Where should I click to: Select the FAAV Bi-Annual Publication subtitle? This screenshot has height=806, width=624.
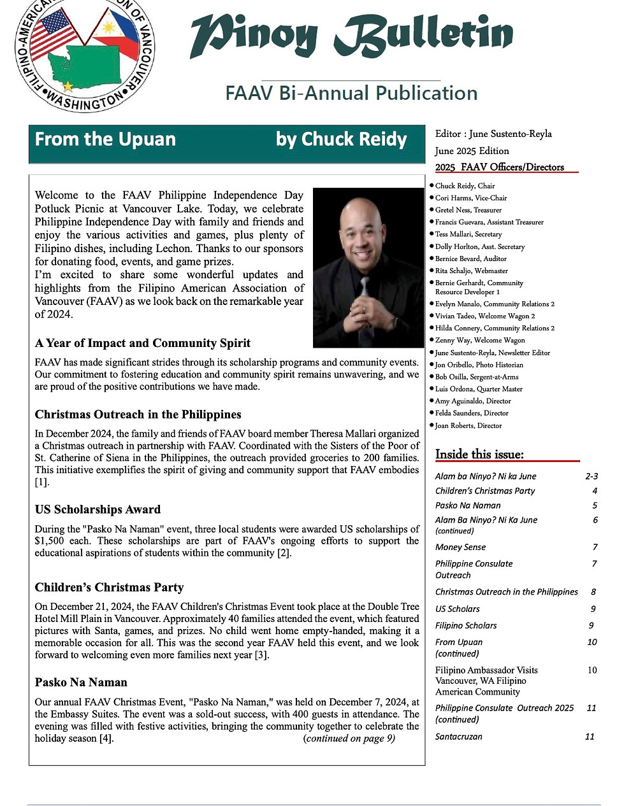(351, 94)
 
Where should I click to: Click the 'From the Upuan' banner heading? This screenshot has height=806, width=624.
(105, 139)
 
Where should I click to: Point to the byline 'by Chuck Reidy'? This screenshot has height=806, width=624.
(341, 139)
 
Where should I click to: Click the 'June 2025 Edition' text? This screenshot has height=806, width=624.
(472, 151)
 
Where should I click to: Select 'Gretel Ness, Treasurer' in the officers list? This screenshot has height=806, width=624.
(468, 210)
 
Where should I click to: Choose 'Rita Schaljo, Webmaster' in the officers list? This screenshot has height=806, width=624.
(471, 271)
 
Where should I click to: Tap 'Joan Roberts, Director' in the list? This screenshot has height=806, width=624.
(468, 426)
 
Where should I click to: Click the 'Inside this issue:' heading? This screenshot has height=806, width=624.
(479, 454)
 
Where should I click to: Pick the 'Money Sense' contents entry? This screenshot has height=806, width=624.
(460, 547)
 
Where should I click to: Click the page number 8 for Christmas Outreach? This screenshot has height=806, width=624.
(593, 592)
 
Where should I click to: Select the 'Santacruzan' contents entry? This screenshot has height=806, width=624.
(458, 737)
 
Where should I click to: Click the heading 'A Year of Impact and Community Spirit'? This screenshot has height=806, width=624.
(143, 343)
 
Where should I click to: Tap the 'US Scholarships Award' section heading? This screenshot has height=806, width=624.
(98, 509)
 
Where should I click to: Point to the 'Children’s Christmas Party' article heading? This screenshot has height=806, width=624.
(109, 587)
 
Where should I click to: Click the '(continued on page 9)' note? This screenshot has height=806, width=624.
(349, 739)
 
